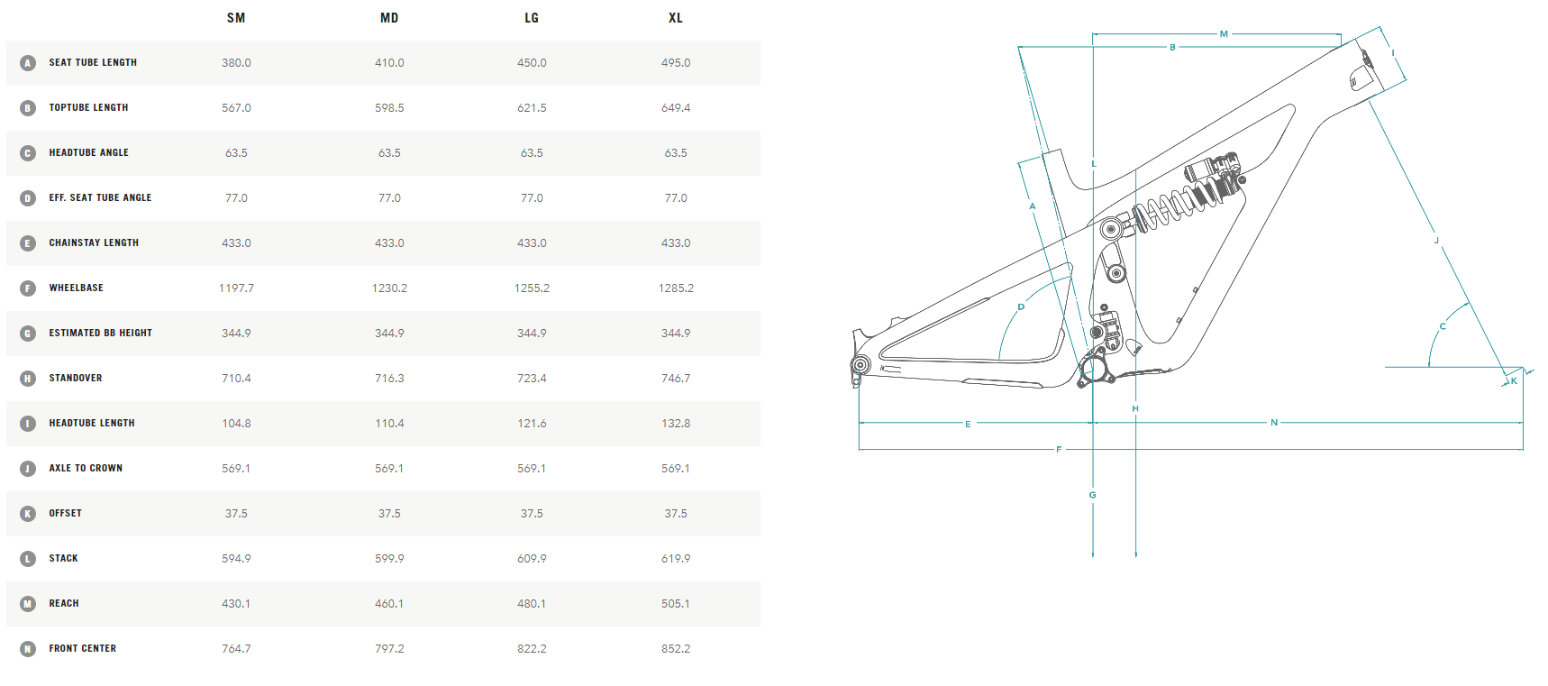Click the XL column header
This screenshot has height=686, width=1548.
tap(675, 18)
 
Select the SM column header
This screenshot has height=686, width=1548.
tap(236, 18)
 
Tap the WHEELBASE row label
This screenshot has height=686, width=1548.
tap(76, 288)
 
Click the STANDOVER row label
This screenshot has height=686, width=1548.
tap(76, 379)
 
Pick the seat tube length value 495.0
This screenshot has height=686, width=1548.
tap(675, 63)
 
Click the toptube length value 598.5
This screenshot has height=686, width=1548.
tap(389, 108)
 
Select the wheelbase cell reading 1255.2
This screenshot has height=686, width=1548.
tap(532, 288)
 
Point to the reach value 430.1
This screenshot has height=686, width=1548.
tap(236, 604)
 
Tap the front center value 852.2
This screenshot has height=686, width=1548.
tap(675, 649)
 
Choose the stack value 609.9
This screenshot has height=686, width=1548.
tap(532, 559)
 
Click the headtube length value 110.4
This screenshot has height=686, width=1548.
tap(389, 424)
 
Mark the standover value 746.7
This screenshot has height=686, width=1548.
tap(675, 379)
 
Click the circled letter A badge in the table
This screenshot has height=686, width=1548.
tap(28, 63)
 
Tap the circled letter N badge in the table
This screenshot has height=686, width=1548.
tap(28, 649)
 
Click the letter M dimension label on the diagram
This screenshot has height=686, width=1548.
tap(1224, 34)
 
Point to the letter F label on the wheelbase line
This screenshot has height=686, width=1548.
tap(1059, 449)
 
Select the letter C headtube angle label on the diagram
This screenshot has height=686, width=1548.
tap(1443, 326)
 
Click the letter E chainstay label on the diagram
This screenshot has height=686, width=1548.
tap(968, 424)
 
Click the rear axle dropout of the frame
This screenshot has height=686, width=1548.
tap(861, 365)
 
